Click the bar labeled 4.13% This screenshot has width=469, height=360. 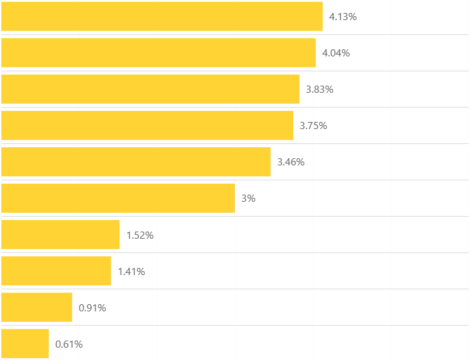tap(162, 16)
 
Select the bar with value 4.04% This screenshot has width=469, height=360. tap(158, 53)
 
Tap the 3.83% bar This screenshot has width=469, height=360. tap(150, 89)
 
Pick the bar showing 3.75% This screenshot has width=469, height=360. tap(147, 125)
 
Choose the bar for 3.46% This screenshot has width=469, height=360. tap(136, 162)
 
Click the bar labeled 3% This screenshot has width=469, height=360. tap(117, 198)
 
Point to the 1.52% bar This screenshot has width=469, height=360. tap(60, 234)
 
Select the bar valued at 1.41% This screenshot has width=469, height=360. tap(56, 270)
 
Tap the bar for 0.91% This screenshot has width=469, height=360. tap(36, 307)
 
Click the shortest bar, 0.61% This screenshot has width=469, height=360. tap(25, 343)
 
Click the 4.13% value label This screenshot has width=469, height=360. tap(343, 17)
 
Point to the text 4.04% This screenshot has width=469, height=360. tap(336, 53)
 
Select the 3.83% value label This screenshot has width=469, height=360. tap(320, 90)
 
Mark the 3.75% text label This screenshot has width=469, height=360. tap(313, 126)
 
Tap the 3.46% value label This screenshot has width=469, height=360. tap(291, 162)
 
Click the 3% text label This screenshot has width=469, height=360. tap(248, 198)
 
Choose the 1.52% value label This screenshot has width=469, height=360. tap(140, 235)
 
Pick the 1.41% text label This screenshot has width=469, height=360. tap(131, 271)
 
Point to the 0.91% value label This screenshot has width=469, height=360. tap(92, 307)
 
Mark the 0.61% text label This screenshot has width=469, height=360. tap(69, 344)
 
